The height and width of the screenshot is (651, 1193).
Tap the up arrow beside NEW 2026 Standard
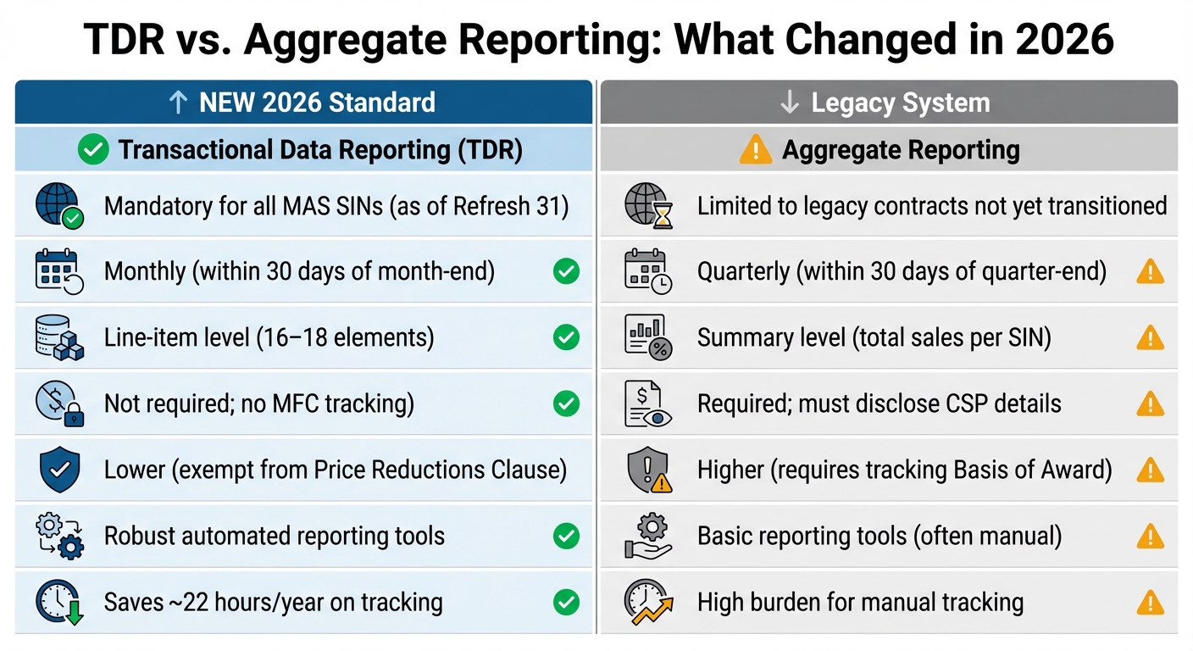178,103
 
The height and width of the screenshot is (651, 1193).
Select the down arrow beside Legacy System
789,103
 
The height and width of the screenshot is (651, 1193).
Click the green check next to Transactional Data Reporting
93,150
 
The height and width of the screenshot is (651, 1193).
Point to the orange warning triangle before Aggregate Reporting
756,150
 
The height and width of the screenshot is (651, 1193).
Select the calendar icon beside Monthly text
58,272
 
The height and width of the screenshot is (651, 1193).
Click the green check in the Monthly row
566,271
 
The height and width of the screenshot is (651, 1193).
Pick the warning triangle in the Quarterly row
1150,271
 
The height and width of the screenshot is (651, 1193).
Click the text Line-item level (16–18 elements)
269,338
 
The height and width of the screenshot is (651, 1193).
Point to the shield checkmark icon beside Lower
59,470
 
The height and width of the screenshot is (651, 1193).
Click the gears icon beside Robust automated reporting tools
59,536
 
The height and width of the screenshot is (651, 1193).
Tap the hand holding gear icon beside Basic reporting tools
648,537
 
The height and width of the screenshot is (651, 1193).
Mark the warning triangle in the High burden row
1150,602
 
